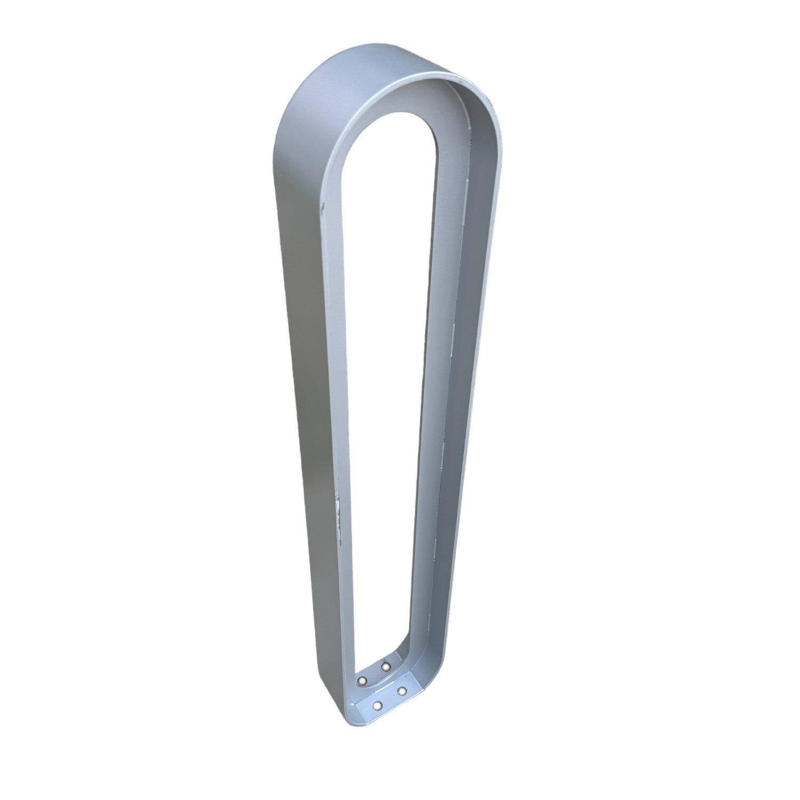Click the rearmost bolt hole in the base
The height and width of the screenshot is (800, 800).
point(386,666)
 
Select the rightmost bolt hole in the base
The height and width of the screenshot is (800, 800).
point(402,691)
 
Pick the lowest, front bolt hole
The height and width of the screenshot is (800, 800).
point(378,706)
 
